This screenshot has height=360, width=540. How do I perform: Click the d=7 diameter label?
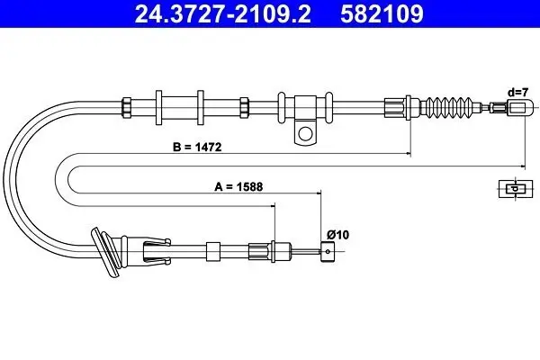[x=517, y=91]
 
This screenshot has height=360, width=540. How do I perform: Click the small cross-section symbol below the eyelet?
[x=512, y=188]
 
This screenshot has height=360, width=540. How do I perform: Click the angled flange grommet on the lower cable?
[x=106, y=252]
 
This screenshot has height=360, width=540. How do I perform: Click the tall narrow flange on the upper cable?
[x=158, y=106]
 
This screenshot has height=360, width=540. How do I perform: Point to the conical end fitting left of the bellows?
[x=396, y=106]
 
